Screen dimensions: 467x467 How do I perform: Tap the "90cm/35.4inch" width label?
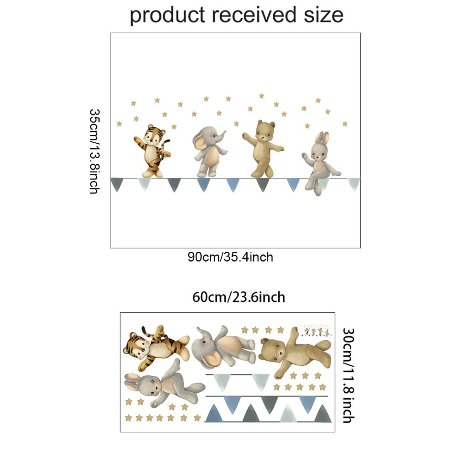pos(230,257)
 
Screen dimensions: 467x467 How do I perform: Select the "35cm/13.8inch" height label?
pos(94,151)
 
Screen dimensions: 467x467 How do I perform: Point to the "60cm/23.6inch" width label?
pos(239,297)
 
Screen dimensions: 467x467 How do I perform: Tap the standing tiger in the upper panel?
pos(152,151)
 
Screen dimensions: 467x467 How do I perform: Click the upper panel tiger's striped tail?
pos(167,146)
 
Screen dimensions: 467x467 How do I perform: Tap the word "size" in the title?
pos(324,15)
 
